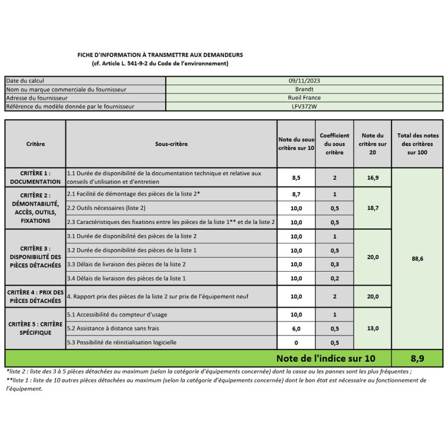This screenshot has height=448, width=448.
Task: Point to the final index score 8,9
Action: point(417,358)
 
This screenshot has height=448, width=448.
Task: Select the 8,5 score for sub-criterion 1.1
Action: point(297,178)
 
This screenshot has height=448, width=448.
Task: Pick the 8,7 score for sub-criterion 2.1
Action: point(297,194)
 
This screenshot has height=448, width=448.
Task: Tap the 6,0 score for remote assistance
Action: point(297,329)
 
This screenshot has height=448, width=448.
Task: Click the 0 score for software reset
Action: point(297,343)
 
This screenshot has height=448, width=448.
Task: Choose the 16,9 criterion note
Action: point(373,178)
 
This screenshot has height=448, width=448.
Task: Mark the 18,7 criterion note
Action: point(373,208)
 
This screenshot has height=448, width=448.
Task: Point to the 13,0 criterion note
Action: point(373,329)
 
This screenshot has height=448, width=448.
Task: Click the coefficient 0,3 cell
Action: point(334,264)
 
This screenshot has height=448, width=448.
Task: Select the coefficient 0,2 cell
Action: point(334,278)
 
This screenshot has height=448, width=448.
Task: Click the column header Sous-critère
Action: point(171,144)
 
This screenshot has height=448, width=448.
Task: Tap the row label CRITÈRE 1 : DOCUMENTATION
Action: point(35,178)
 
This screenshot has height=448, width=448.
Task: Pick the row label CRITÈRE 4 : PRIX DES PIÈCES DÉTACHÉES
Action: point(35,296)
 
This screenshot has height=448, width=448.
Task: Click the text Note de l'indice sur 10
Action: point(325,358)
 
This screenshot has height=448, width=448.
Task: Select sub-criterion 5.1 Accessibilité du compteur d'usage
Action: point(117,315)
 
